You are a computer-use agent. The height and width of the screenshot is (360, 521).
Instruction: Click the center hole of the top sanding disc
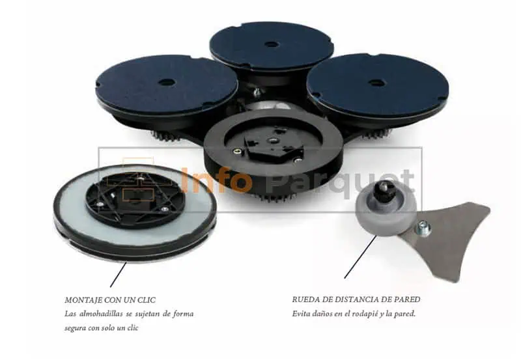tap(271, 44)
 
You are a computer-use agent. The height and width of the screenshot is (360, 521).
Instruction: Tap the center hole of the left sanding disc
tap(165, 81)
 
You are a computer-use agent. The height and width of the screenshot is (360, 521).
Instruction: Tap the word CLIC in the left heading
tap(147, 300)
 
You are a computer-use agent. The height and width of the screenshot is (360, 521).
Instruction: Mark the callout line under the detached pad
tap(119, 274)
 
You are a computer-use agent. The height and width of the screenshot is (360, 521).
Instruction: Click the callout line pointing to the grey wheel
tap(361, 256)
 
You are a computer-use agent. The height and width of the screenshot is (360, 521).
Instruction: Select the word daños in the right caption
tap(322, 314)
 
